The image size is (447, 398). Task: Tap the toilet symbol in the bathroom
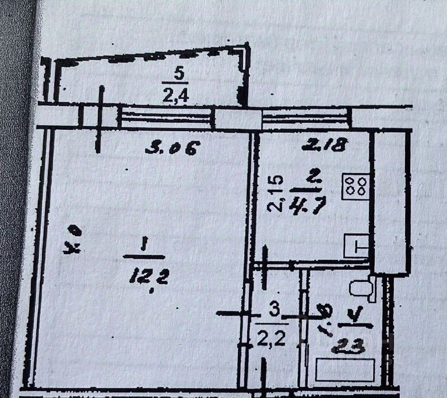coord(358,289)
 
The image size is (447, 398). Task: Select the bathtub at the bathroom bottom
coord(345,370)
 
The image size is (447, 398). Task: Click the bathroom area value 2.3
coord(349,347)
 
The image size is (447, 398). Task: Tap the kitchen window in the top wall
coord(307,118)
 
